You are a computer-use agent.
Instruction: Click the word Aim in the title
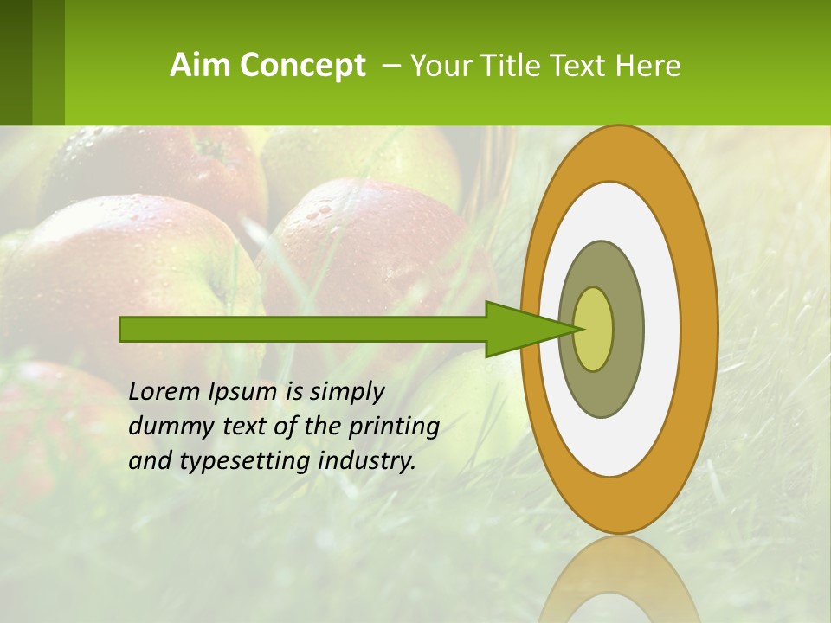click(196, 65)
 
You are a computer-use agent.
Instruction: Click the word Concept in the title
click(301, 65)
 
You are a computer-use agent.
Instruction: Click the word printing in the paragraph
click(393, 426)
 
